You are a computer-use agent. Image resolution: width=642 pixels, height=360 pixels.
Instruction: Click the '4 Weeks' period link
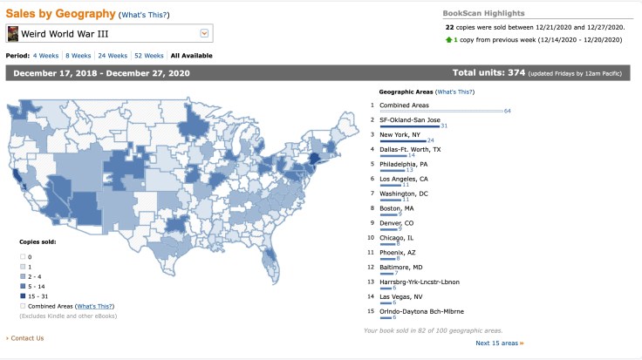click(x=45, y=55)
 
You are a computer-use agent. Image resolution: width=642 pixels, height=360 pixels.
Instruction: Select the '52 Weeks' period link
click(x=150, y=55)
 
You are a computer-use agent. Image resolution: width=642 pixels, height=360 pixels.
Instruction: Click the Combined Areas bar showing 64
click(x=441, y=111)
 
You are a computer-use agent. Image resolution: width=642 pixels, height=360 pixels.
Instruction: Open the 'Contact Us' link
click(x=26, y=337)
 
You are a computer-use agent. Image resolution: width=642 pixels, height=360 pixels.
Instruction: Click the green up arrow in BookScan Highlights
click(x=448, y=39)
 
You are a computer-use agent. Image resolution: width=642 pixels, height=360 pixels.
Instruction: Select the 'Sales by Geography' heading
click(x=60, y=13)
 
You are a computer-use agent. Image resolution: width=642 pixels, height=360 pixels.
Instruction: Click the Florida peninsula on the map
click(x=272, y=258)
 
